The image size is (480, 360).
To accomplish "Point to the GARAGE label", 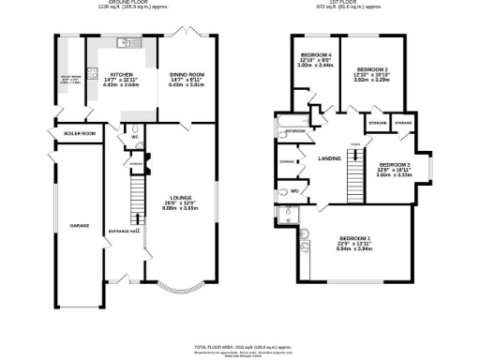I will [x=79, y=226].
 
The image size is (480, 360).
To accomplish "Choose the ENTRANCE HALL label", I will [x=127, y=231].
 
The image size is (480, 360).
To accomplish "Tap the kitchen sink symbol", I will [x=124, y=42].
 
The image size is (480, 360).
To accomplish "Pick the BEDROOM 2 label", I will [x=372, y=69].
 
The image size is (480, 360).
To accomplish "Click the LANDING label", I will [x=328, y=157].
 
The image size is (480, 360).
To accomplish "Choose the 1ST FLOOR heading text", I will [x=351, y=3].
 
